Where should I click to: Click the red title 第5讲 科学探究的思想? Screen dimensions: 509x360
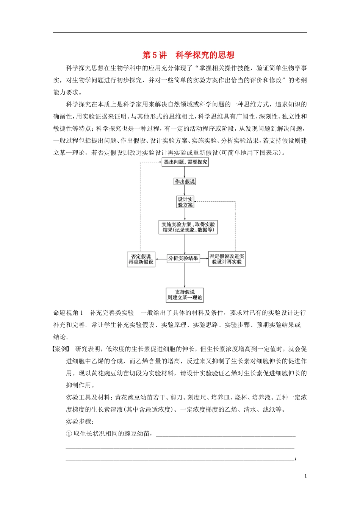[188, 55]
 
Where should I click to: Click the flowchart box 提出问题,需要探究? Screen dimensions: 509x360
[185, 162]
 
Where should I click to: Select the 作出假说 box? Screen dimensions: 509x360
[185, 182]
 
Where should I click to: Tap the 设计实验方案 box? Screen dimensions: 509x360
[185, 202]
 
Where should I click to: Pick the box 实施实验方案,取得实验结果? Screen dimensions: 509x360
[188, 227]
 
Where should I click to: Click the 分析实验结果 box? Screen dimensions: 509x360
[183, 258]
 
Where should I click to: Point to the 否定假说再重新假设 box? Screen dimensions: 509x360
[141, 259]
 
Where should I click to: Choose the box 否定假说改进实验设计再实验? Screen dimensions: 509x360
[227, 259]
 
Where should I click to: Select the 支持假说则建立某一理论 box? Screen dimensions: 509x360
[185, 295]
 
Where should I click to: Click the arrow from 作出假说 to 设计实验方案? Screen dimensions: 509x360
[185, 190]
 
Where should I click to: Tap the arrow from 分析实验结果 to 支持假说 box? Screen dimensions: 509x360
[185, 276]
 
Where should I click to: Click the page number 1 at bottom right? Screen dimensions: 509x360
[305, 476]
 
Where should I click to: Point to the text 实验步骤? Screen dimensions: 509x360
[80, 422]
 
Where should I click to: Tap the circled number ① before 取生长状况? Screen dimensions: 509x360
[69, 434]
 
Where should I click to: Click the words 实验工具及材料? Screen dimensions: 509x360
[88, 397]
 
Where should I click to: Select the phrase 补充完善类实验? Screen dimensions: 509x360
[112, 313]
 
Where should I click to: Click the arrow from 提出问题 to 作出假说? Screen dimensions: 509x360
[185, 172]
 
